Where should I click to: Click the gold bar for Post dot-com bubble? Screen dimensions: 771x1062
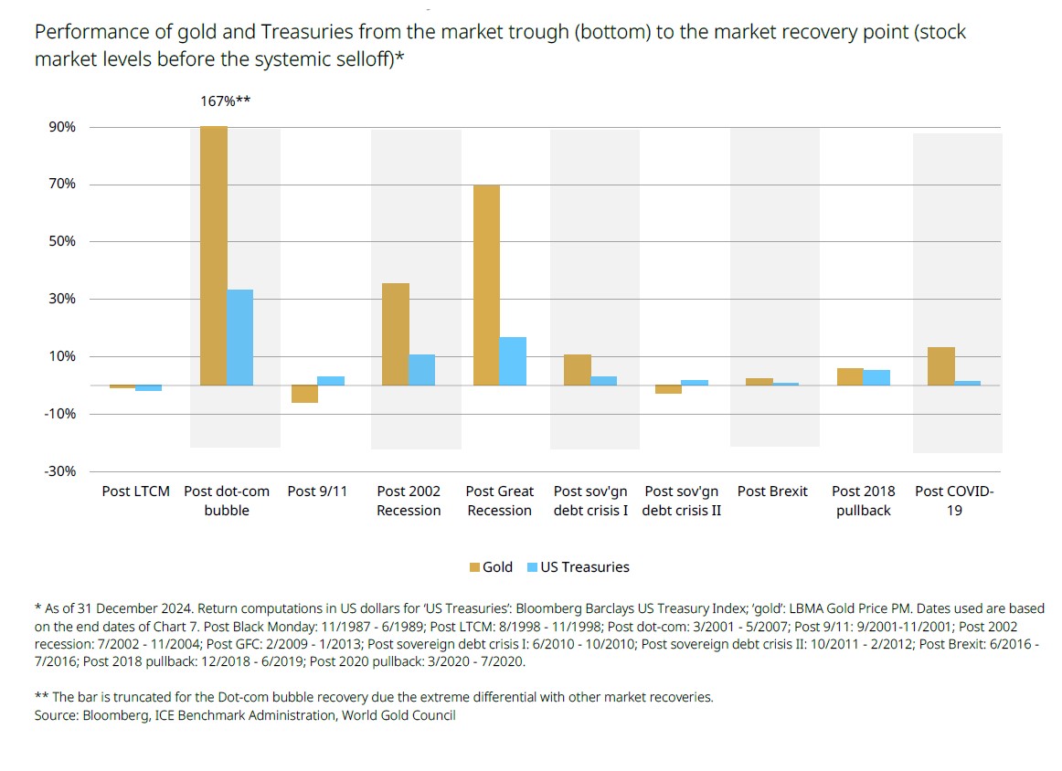[214, 256]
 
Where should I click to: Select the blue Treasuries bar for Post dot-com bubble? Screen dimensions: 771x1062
[240, 337]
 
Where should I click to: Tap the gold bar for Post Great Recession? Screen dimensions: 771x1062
[486, 285]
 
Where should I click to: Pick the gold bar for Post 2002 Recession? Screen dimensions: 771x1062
[396, 334]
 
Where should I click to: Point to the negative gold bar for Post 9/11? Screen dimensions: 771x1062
[305, 394]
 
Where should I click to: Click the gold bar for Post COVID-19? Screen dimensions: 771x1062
[940, 366]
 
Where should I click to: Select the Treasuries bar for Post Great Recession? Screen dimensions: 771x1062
[513, 361]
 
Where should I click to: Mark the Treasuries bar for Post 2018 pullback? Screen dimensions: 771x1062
[876, 377]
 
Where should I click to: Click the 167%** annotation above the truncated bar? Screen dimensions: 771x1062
[226, 101]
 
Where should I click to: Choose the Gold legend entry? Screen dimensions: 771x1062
[491, 567]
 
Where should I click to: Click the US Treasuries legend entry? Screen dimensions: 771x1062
[578, 567]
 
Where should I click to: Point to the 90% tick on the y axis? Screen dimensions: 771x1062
[63, 127]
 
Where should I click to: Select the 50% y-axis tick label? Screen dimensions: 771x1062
[63, 242]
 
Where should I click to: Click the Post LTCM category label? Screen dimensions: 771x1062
[135, 491]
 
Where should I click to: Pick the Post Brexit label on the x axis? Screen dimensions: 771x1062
[772, 491]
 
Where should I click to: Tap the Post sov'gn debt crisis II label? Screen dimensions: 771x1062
[682, 501]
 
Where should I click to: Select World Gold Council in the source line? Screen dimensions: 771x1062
[398, 715]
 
